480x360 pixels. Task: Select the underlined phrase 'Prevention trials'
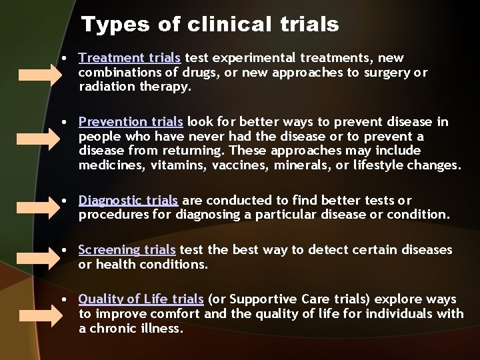point(131,122)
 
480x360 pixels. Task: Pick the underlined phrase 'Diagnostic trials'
point(128,200)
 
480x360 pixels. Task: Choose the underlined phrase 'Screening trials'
point(127,250)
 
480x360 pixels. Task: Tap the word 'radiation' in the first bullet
point(105,86)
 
